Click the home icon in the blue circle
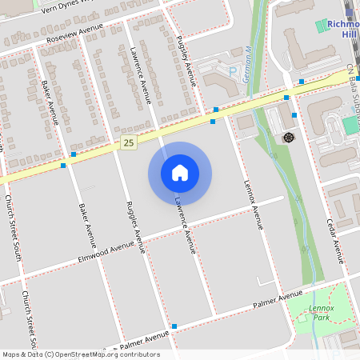pos(180,172)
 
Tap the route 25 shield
pos(129,142)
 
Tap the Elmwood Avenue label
pos(106,250)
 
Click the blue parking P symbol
pos(233,71)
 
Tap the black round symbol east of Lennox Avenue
pos(288,138)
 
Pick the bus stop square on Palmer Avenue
pos(174,326)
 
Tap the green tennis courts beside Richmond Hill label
pos(350,126)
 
